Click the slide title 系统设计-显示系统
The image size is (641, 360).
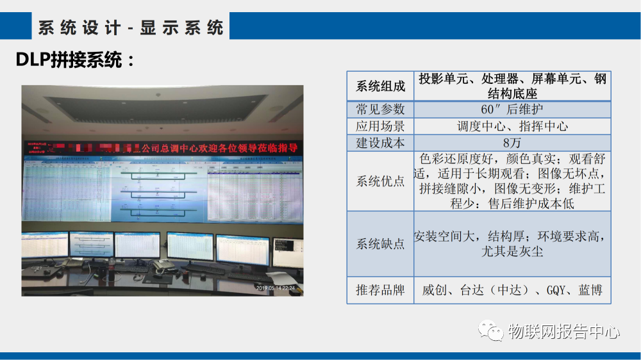[131, 28]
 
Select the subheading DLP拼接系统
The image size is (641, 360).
[76, 61]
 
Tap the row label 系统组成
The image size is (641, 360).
[380, 86]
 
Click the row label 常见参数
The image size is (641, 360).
[380, 110]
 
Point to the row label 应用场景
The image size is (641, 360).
[380, 126]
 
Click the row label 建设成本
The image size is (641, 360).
[380, 143]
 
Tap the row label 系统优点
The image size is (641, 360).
[380, 181]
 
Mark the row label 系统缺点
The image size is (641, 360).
[380, 244]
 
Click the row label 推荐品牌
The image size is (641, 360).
[380, 290]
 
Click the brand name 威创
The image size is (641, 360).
[433, 290]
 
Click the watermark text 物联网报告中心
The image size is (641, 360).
[563, 332]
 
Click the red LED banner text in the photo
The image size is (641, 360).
[218, 148]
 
